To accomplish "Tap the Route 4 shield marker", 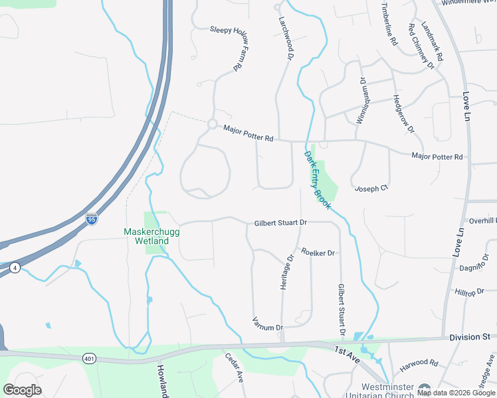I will point(15,267).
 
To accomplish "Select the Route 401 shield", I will point(90,359).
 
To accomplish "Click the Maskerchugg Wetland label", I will point(146,236).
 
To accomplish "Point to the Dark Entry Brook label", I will point(318,176).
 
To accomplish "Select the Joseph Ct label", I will point(371,189).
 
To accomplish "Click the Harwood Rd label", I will point(419,364).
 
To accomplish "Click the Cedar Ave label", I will point(234,367).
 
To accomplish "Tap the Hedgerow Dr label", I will point(403,111).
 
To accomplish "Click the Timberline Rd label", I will point(389,23).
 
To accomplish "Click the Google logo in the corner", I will point(22,390).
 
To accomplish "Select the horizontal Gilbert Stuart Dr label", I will point(280,224).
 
